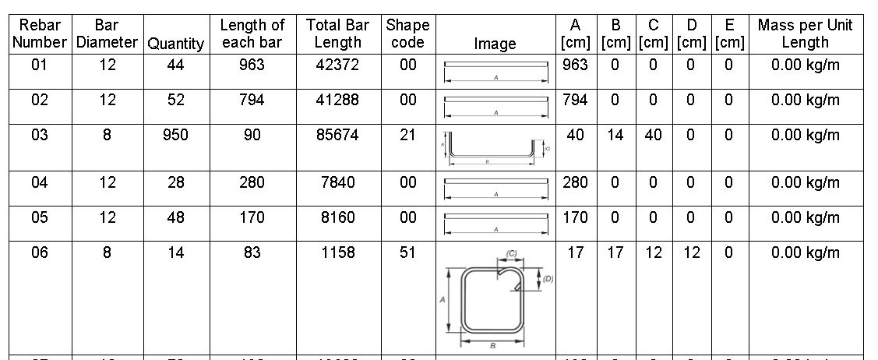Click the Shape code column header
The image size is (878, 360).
408,34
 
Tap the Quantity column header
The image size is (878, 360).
176,44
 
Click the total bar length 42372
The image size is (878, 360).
337,65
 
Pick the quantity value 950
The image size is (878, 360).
176,136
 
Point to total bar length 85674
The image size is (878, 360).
337,136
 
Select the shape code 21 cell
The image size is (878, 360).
408,136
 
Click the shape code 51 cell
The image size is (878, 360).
408,252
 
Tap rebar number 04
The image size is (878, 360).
40,183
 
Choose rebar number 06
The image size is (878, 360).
40,252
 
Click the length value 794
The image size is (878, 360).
252,101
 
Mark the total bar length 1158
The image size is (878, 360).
337,252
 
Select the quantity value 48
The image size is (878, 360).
176,217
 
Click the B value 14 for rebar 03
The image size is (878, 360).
615,136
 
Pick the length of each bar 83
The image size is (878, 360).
252,252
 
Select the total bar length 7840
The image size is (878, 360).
337,183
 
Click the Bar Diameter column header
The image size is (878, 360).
108,34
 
